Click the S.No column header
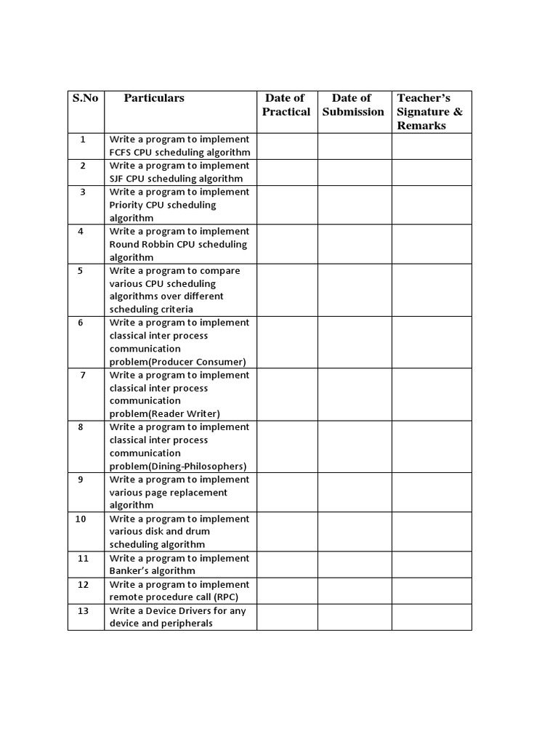coord(85,98)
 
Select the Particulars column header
coord(154,98)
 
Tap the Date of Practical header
coord(286,105)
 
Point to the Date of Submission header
coord(353,105)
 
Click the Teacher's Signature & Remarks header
coord(430,112)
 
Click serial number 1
coord(83,139)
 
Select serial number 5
coord(81,270)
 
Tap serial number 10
coord(81,519)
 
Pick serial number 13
coord(83,610)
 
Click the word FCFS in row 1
coord(121,153)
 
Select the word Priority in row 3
coord(126,205)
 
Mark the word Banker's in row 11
coord(129,571)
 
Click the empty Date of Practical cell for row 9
coord(287,492)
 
